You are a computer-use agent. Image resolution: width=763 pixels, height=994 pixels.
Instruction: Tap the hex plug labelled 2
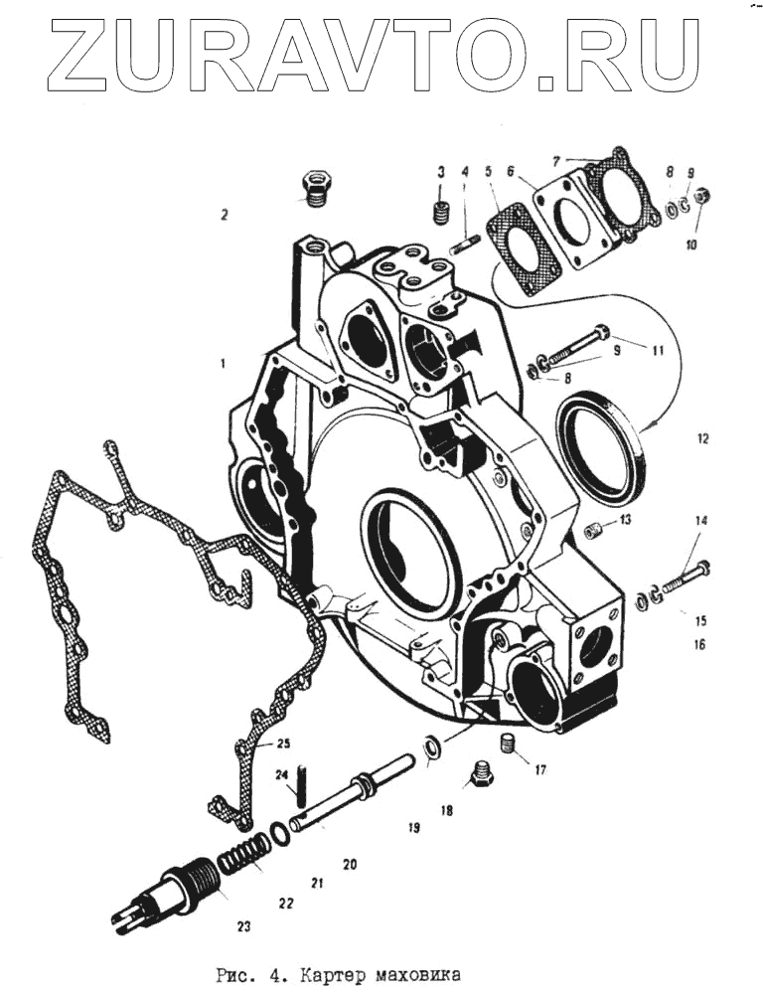pos(315,189)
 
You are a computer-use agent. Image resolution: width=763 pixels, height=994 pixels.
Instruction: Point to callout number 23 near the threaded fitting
pos(243,927)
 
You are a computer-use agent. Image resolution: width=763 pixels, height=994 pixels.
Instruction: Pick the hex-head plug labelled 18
pos(481,773)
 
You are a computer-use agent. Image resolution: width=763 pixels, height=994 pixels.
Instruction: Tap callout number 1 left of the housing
pos(225,364)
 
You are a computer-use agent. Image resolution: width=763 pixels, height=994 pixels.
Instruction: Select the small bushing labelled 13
pos(595,528)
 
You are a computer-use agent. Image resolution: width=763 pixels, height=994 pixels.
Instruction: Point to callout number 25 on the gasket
pos(283,744)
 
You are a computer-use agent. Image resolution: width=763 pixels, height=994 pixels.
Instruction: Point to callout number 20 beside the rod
pos(349,865)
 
